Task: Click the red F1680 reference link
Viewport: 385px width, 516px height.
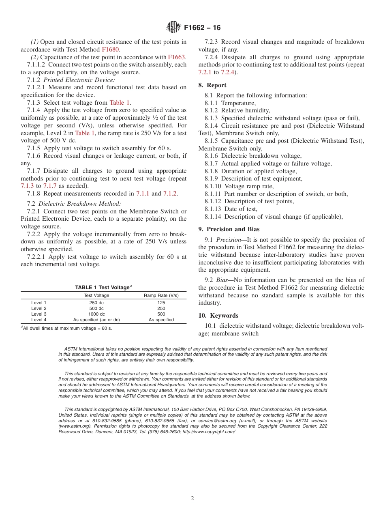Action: click(110, 49)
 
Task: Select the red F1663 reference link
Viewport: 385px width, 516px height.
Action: click(176, 57)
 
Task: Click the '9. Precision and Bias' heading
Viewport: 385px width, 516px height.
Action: click(229, 229)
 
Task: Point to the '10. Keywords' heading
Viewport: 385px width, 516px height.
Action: click(218, 316)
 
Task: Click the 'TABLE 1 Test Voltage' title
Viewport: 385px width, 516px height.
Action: click(103, 287)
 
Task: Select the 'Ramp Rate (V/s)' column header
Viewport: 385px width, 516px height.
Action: click(161, 295)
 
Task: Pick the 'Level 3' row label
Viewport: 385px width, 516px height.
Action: click(39, 314)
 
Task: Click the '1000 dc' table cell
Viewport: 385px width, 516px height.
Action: click(96, 314)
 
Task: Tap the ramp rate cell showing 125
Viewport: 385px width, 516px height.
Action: click(161, 303)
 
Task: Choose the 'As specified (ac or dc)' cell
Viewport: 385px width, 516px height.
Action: click(96, 320)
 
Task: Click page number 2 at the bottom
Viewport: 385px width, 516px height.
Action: click(192, 499)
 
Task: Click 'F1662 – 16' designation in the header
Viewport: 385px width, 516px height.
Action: click(202, 28)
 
